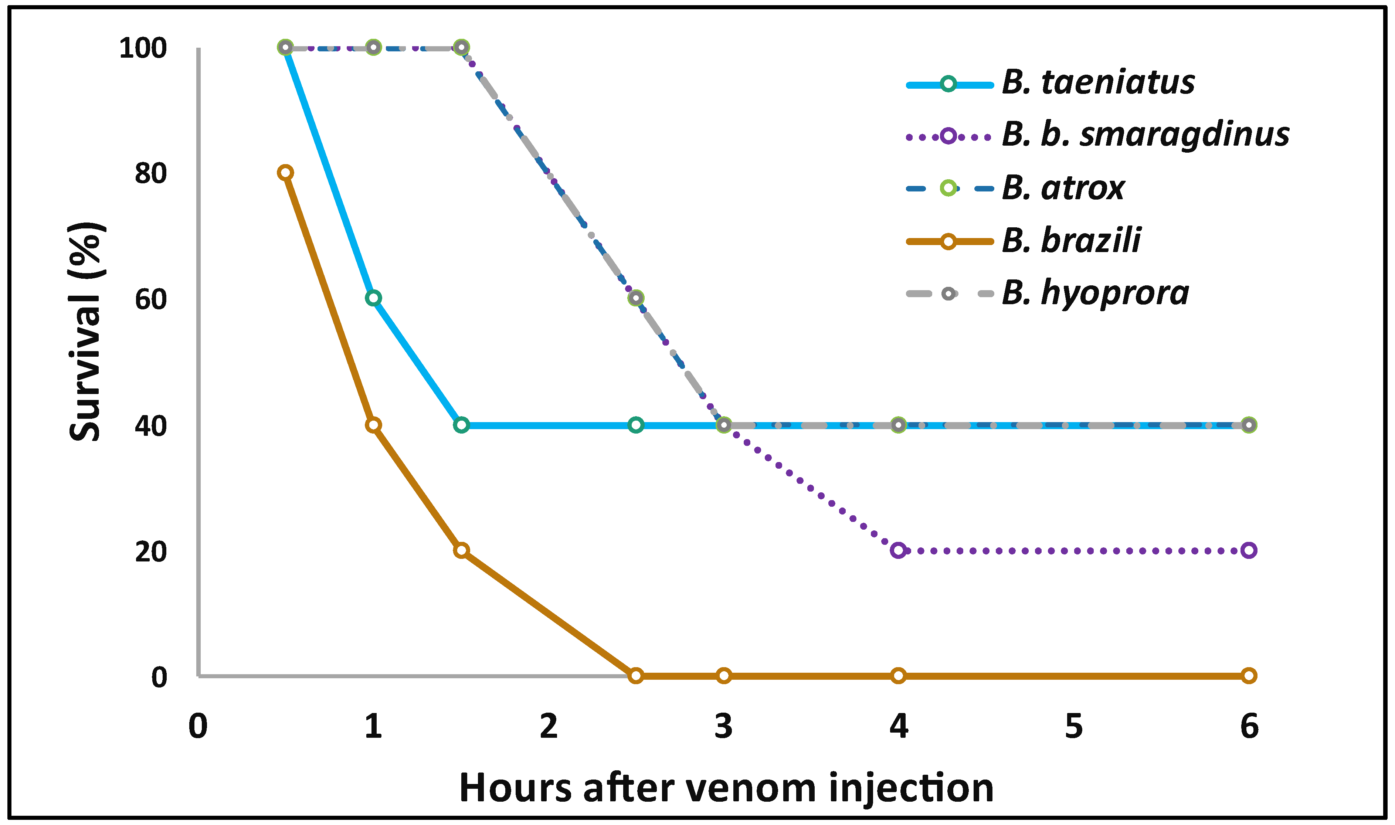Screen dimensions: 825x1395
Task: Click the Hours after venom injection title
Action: [x=726, y=788]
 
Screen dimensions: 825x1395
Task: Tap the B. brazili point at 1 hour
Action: [x=373, y=425]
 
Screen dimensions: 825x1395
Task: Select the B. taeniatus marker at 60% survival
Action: [x=373, y=298]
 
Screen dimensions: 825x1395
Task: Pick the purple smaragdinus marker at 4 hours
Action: [x=898, y=550]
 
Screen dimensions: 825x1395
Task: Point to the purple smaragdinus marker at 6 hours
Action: [x=1248, y=550]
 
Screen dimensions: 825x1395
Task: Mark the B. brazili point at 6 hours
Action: [x=1248, y=675]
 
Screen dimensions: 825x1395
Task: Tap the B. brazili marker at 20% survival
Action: [x=461, y=550]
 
